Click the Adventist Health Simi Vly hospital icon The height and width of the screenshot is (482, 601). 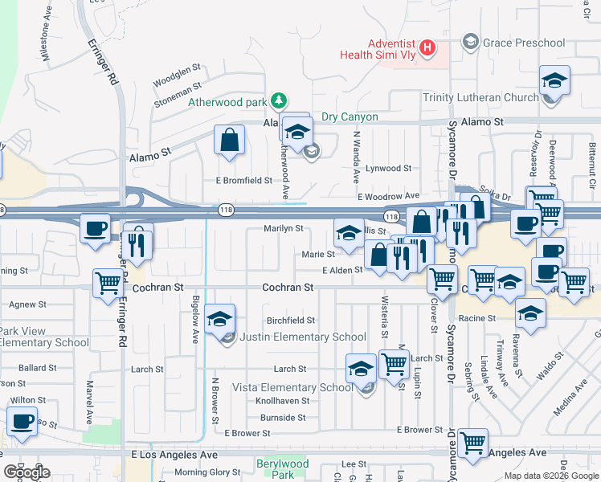(x=427, y=47)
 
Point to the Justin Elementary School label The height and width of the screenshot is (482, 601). (x=304, y=337)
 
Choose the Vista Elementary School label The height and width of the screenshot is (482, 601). (x=292, y=387)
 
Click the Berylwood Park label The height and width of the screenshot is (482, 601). (x=283, y=469)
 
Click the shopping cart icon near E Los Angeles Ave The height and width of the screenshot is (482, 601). (x=473, y=443)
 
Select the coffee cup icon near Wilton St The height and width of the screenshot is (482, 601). (x=22, y=421)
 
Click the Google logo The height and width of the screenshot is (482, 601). (x=26, y=472)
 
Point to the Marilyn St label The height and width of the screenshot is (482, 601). (x=284, y=229)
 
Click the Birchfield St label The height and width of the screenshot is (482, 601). (x=291, y=320)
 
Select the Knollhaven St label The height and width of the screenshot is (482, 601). (x=282, y=400)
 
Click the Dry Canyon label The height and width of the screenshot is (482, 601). (x=350, y=116)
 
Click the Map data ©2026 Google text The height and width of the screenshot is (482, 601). (x=550, y=476)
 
